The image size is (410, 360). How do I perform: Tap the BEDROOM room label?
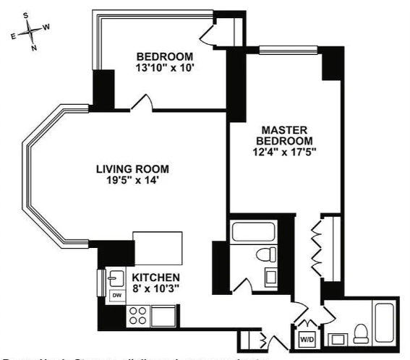165,57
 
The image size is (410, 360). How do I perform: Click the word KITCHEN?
156,278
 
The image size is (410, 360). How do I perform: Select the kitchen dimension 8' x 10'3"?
156,289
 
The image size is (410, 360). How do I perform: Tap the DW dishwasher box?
115,295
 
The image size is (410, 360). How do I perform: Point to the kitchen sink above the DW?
115,276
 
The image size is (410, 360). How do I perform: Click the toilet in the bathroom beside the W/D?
360,335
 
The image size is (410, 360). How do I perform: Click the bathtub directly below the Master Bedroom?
252,233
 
